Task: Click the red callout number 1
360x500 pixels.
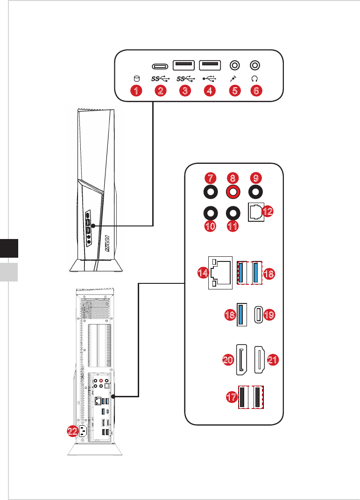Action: [136, 91]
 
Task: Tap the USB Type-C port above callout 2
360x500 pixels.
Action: [160, 66]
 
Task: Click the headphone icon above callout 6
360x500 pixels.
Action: [254, 78]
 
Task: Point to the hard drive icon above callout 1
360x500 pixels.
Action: [136, 78]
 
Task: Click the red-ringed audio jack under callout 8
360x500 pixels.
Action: [233, 192]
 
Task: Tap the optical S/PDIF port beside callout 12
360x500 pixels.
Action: [256, 212]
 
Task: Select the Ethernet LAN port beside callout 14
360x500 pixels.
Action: [220, 273]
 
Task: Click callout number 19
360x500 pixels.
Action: [269, 315]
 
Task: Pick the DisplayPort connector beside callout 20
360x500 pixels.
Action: [241, 359]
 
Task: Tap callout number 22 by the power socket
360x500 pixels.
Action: [73, 431]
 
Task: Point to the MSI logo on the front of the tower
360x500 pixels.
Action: [107, 244]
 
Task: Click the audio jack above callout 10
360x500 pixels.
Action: [211, 213]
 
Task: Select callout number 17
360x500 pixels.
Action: [232, 397]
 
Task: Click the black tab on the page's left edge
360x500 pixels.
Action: [9, 248]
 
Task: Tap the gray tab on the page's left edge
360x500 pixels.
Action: [9, 272]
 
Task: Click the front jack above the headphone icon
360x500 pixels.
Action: [255, 65]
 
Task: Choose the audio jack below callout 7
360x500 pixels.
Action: [211, 192]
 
